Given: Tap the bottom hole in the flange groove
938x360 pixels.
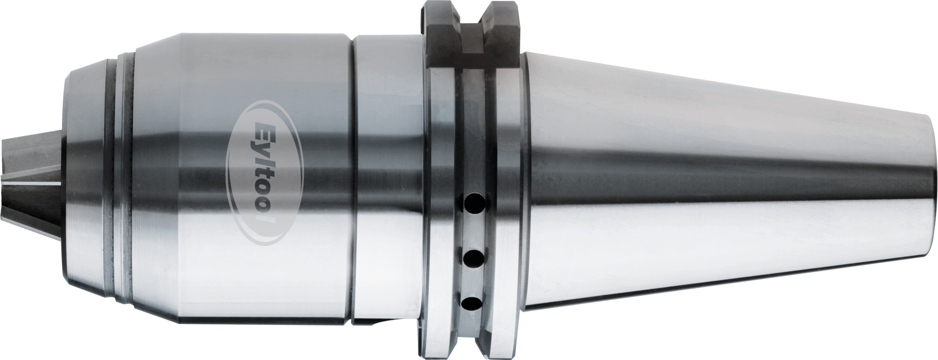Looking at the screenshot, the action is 473,303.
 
